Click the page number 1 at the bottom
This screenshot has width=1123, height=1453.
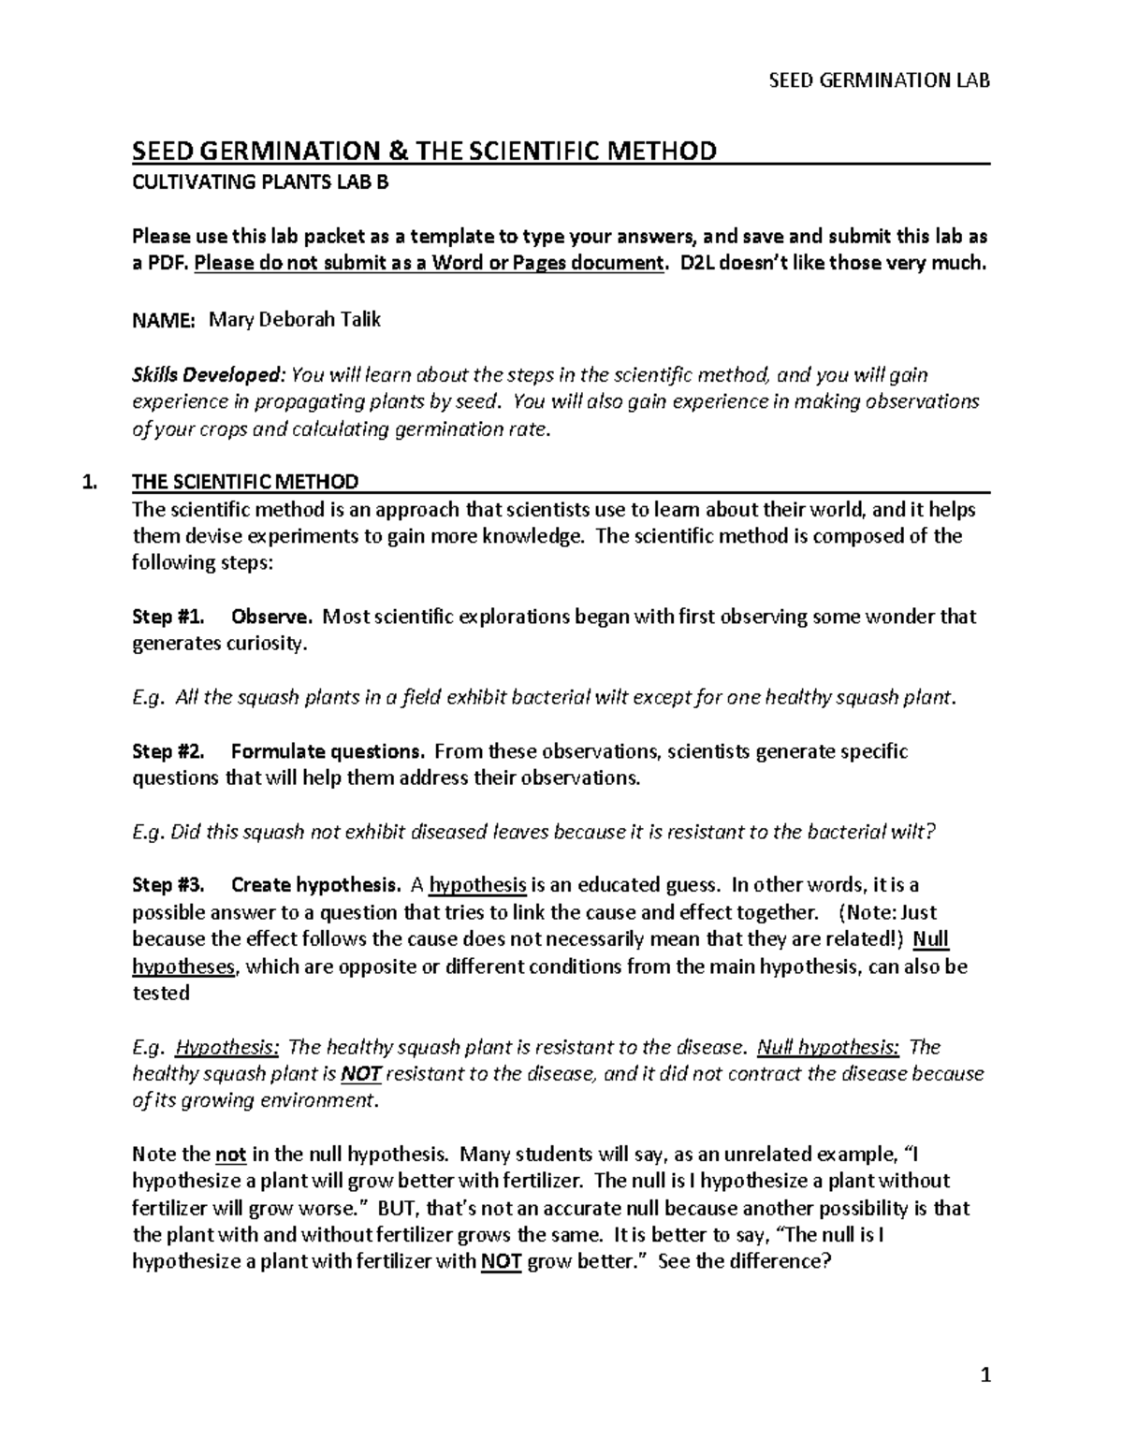click(x=984, y=1375)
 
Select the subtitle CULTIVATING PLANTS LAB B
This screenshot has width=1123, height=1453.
click(x=259, y=182)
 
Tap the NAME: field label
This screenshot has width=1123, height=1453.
click(x=163, y=321)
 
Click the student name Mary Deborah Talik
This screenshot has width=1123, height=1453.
click(x=294, y=320)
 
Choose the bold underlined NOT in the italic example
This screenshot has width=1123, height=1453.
click(x=360, y=1074)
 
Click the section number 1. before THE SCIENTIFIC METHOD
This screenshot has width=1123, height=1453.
click(x=90, y=483)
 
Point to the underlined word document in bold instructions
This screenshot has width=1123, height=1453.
click(x=616, y=263)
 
